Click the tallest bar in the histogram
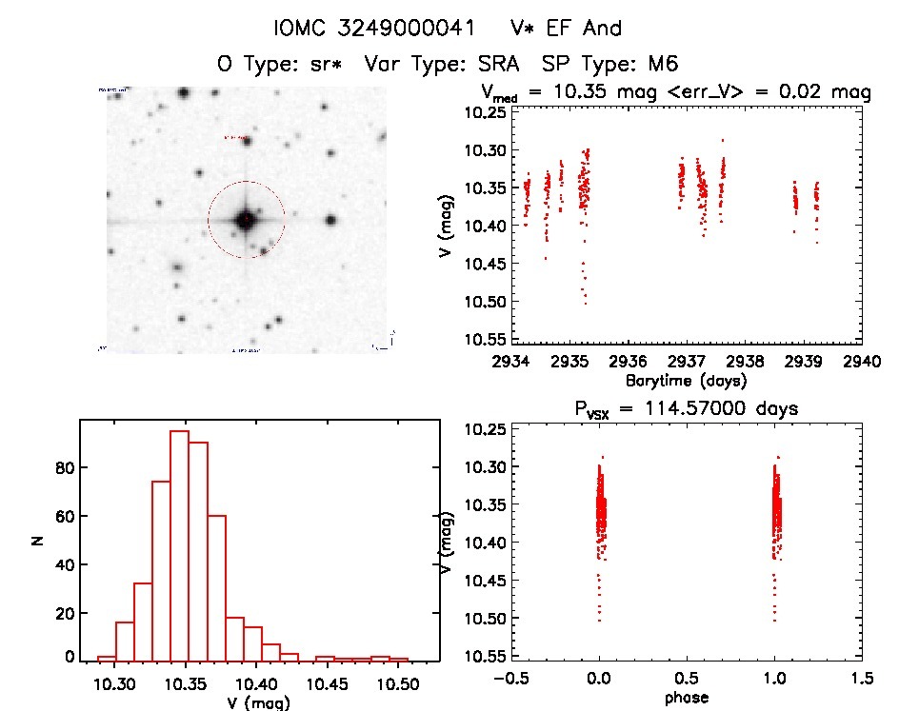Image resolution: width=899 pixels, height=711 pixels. pos(179,545)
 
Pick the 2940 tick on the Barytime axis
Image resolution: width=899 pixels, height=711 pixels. pos(863,362)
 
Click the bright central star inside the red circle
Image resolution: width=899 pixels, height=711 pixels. pos(246,220)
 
